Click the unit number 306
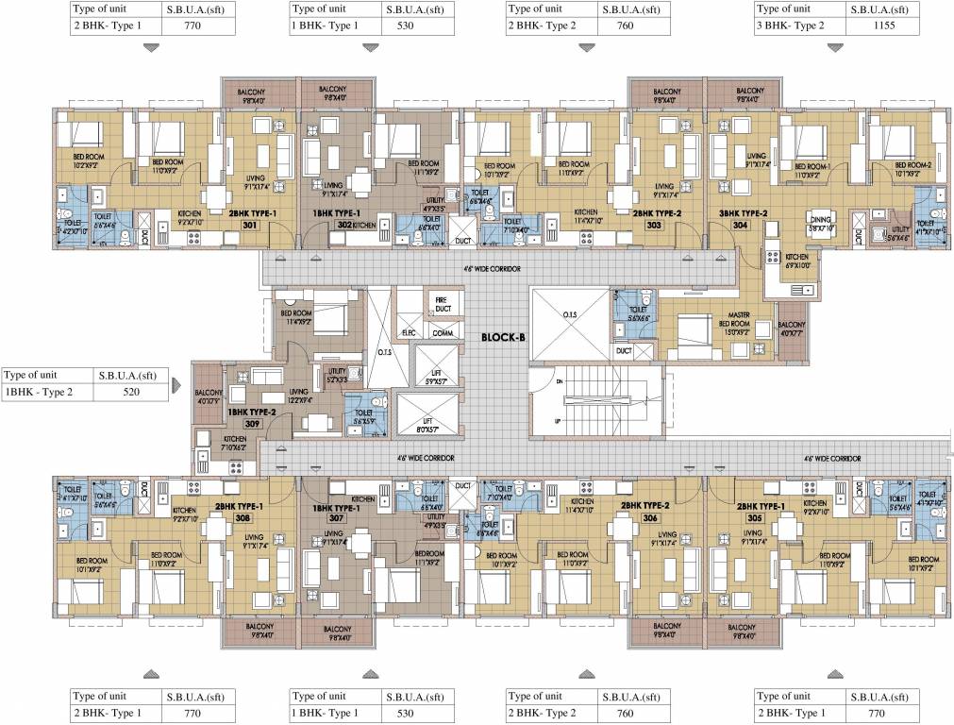tap(649, 518)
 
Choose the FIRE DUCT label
tap(441, 304)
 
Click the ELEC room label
tap(410, 332)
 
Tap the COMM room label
tap(442, 332)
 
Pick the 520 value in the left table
tap(131, 392)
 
